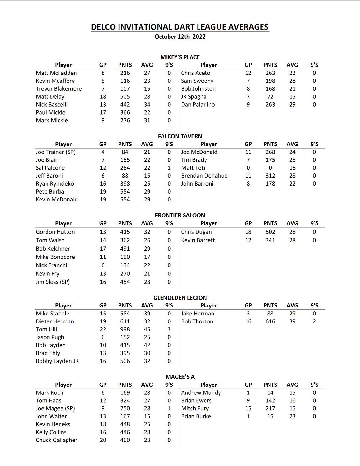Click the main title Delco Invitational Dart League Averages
click(x=180, y=27)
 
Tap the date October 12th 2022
click(x=180, y=37)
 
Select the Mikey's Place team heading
click(x=180, y=57)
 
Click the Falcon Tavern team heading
click(x=180, y=136)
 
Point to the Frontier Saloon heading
click(x=180, y=215)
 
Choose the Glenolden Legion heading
click(x=180, y=298)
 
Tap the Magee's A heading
click(x=180, y=377)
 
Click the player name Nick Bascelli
click(x=52, y=105)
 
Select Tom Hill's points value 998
click(x=125, y=329)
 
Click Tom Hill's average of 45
click(x=147, y=329)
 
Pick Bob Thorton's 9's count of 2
click(x=314, y=321)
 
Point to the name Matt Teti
click(x=193, y=168)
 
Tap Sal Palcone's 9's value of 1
click(x=169, y=168)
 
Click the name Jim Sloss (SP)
click(x=53, y=282)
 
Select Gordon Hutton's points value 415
click(x=125, y=232)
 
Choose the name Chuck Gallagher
click(x=57, y=440)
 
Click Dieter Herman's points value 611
click(x=125, y=321)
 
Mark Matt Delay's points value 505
click(x=125, y=97)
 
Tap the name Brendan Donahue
click(x=204, y=176)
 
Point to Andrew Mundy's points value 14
click(x=270, y=393)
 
